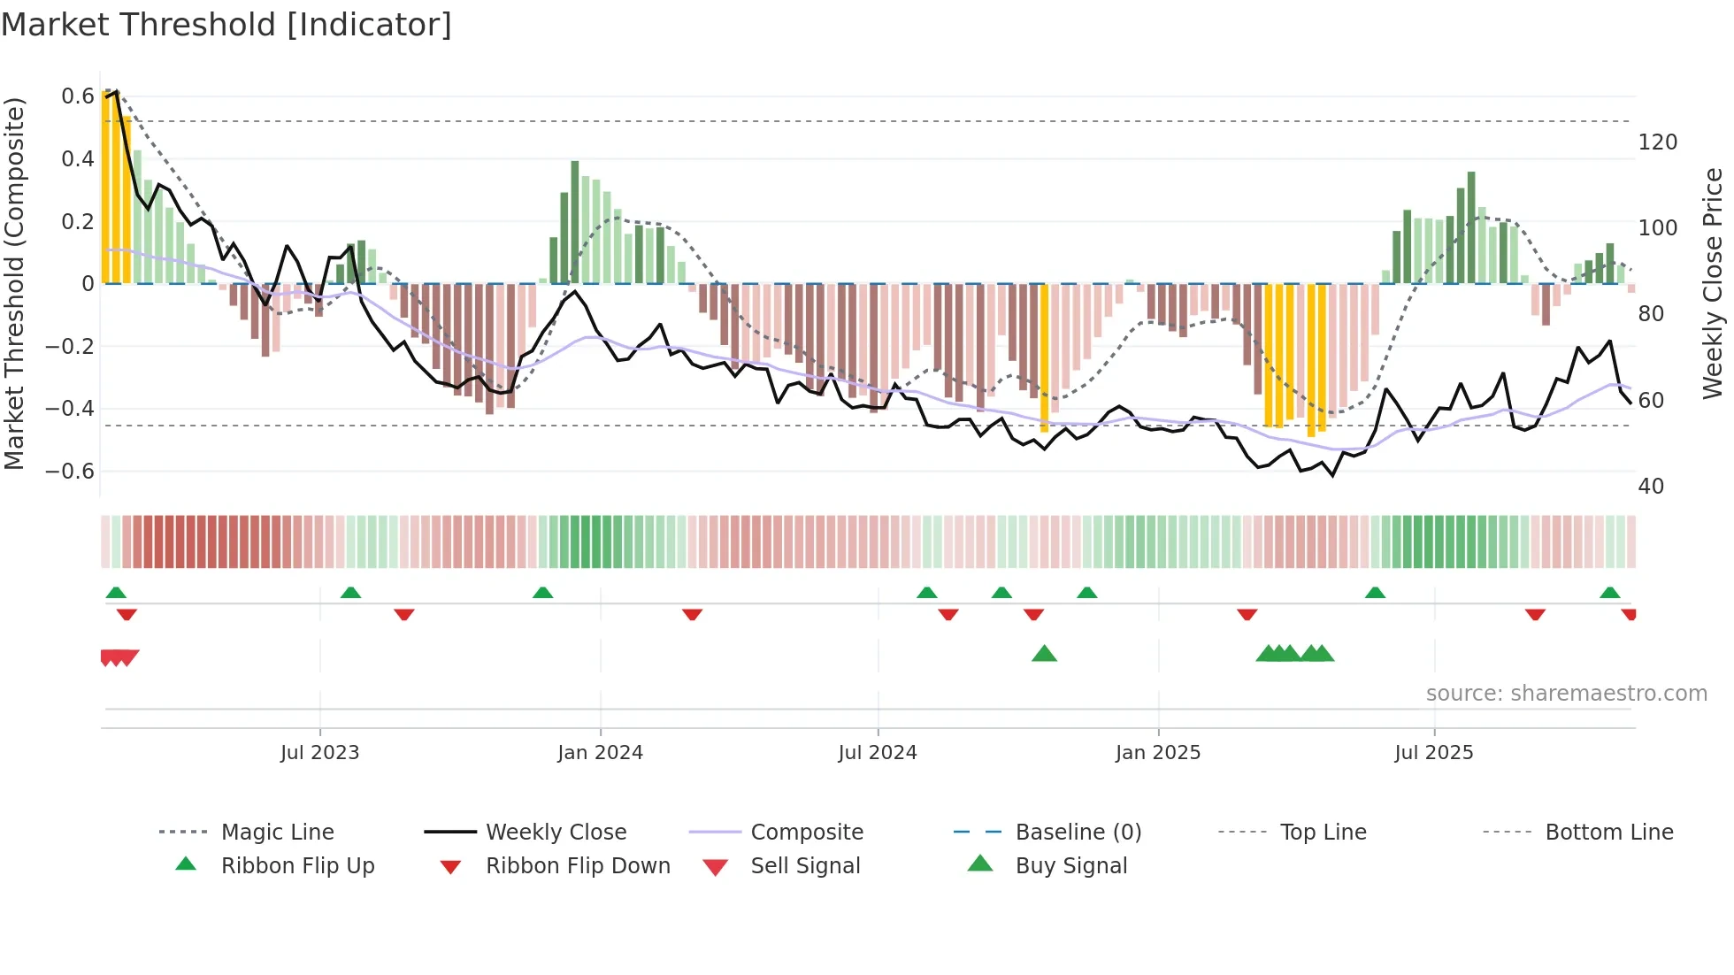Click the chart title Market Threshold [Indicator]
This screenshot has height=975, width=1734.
tap(226, 25)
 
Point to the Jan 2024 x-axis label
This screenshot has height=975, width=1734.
tap(600, 753)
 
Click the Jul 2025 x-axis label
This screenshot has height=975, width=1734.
tap(1433, 753)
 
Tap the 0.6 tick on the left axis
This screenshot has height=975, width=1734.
tap(77, 96)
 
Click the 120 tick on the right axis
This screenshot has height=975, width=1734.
tap(1657, 142)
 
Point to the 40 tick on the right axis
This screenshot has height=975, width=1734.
tap(1651, 487)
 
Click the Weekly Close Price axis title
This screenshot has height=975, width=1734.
tap(1713, 283)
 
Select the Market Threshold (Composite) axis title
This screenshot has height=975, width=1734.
tap(14, 283)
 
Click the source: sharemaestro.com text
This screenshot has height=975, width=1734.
tap(1566, 694)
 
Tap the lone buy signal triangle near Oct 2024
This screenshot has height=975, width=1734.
tap(1044, 654)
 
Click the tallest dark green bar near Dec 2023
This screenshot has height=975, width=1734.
tap(575, 221)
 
